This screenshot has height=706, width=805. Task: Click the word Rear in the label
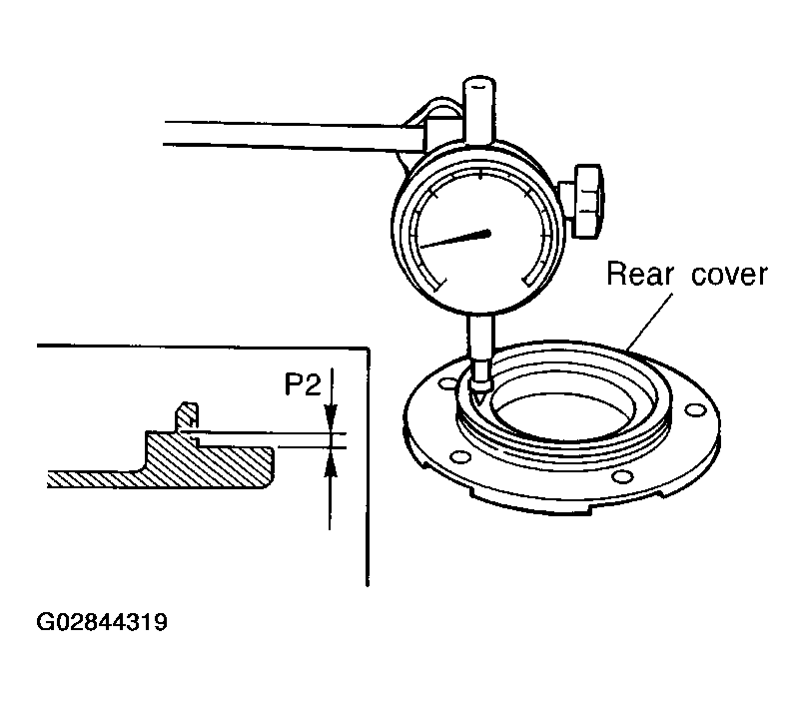(639, 274)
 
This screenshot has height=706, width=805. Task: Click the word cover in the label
(729, 275)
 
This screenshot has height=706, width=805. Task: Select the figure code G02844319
(102, 622)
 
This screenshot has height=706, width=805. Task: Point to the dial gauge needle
(455, 240)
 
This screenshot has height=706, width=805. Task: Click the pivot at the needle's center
(486, 234)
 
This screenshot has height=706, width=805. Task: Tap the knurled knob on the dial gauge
(587, 201)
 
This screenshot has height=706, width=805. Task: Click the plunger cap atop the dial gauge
(479, 108)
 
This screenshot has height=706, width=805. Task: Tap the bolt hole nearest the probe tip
(448, 383)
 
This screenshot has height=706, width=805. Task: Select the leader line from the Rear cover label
(649, 322)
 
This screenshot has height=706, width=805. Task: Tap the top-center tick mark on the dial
(480, 174)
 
